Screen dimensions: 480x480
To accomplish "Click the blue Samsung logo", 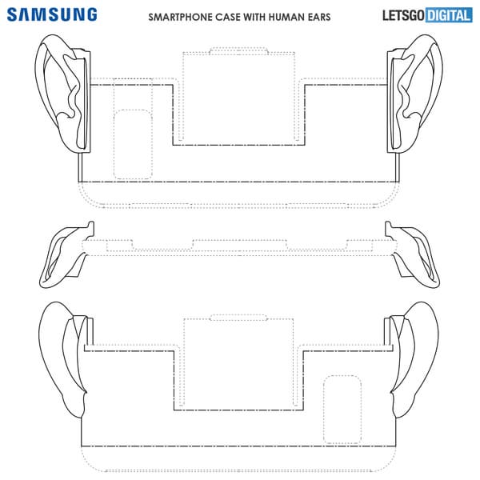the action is (52, 14).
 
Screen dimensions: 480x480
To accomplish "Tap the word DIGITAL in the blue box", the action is (449, 16).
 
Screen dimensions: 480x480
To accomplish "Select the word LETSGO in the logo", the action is (403, 16).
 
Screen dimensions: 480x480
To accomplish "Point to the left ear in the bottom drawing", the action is (65, 360).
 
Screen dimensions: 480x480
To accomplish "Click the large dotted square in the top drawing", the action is (183, 97).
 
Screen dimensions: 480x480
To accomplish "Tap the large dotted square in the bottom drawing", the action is (184, 362).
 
